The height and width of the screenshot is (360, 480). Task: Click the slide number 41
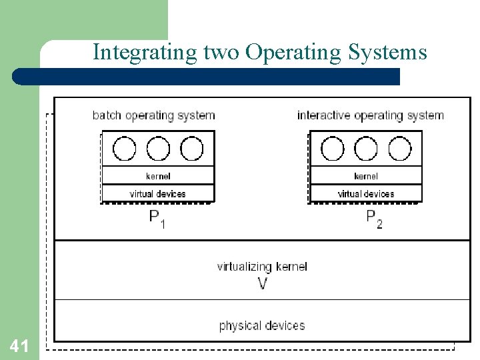19,346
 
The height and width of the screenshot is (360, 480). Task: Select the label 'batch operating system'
154,115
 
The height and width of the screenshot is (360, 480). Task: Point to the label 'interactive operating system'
370,115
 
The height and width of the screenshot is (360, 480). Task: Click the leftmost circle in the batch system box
124,149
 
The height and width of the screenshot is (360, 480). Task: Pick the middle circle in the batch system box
158,149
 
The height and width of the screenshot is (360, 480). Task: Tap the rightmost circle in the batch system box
192,149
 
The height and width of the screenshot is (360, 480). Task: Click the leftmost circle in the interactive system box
332,149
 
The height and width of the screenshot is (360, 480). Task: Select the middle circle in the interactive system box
366,149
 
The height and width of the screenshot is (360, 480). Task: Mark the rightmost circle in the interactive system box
400,149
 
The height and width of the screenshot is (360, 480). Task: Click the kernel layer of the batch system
158,176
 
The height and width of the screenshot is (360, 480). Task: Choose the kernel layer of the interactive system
366,176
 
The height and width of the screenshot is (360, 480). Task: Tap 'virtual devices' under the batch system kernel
158,193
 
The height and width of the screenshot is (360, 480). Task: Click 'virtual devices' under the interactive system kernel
366,193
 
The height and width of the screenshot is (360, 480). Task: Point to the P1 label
157,218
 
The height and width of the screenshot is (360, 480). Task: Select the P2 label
375,218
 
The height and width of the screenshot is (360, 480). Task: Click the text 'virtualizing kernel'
262,267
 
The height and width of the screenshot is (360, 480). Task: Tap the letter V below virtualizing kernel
263,283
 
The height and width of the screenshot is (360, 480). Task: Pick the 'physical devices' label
262,325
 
